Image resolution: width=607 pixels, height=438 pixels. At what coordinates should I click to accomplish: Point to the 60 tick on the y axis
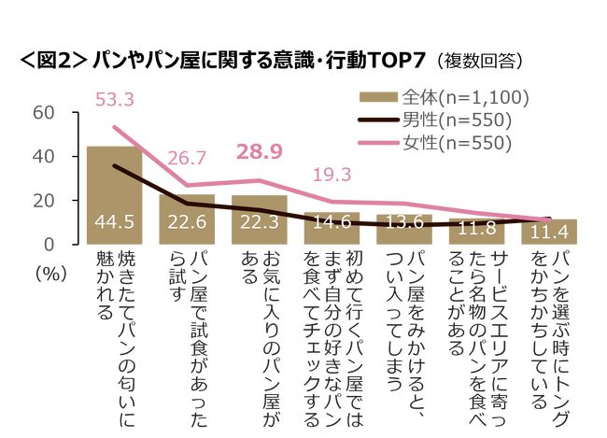pos(43,112)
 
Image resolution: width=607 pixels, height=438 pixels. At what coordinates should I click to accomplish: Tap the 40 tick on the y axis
pos(43,156)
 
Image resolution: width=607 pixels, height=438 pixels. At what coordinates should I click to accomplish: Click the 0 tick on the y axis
pos(49,244)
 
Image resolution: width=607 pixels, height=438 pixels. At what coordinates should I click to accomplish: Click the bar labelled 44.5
pos(114,195)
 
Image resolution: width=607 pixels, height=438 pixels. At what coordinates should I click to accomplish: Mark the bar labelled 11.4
pos(551,232)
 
